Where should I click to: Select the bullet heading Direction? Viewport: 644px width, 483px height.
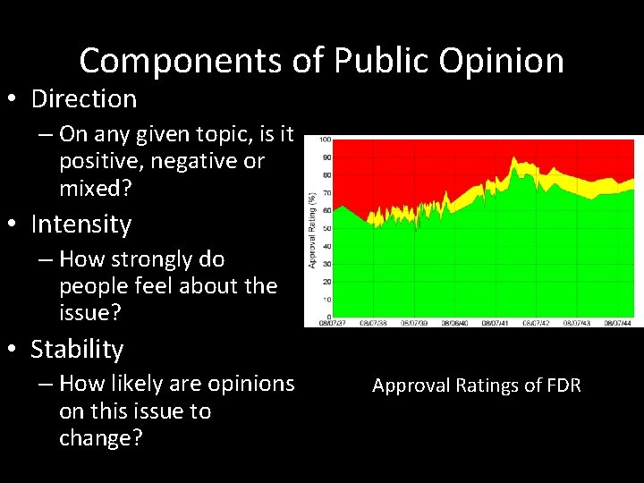tap(83, 98)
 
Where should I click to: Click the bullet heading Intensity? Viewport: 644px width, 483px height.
tap(80, 224)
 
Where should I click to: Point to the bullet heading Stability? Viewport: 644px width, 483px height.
tap(77, 349)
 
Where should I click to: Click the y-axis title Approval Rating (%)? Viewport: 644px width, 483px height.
tap(312, 228)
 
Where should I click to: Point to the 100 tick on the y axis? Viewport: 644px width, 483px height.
tap(326, 140)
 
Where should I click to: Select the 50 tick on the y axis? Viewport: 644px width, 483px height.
tap(327, 228)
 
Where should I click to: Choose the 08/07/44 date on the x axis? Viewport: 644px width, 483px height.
tap(618, 323)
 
